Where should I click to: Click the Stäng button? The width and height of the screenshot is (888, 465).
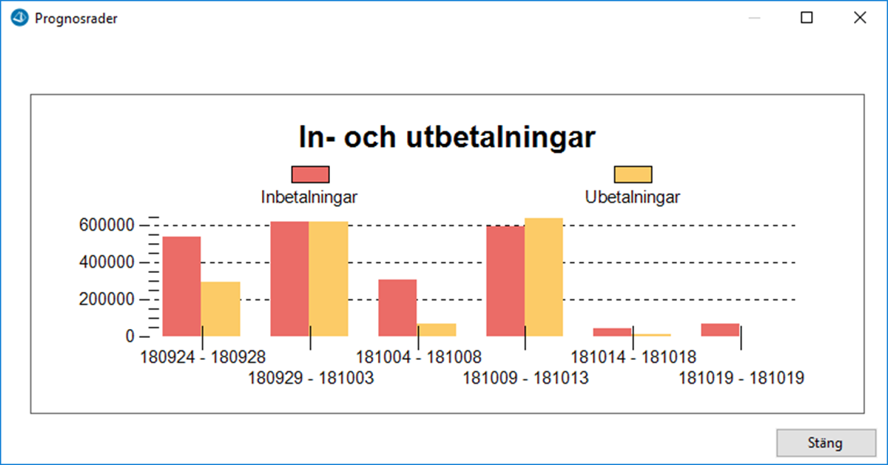pyautogui.click(x=826, y=442)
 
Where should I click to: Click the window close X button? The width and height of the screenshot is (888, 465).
pyautogui.click(x=860, y=18)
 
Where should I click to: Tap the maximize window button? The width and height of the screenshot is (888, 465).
pyautogui.click(x=807, y=18)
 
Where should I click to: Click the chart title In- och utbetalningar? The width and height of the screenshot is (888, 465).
pyautogui.click(x=447, y=137)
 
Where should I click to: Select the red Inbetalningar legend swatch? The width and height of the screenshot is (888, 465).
pyautogui.click(x=310, y=174)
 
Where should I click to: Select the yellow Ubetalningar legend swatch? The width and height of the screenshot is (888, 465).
pyautogui.click(x=633, y=174)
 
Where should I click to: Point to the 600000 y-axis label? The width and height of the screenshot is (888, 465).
pyautogui.click(x=107, y=225)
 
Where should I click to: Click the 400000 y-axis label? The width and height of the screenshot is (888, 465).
pyautogui.click(x=107, y=262)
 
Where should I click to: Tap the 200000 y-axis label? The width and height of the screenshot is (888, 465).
pyautogui.click(x=107, y=299)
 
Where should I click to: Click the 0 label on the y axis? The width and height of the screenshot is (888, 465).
pyautogui.click(x=130, y=336)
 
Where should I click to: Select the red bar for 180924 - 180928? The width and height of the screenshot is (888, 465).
pyautogui.click(x=181, y=286)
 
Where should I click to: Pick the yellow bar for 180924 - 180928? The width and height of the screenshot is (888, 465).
pyautogui.click(x=221, y=309)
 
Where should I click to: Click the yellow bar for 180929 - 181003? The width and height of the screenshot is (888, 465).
pyautogui.click(x=329, y=279)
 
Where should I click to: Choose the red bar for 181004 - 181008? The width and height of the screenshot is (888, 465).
pyautogui.click(x=397, y=308)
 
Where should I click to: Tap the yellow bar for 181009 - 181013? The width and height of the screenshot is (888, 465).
pyautogui.click(x=544, y=277)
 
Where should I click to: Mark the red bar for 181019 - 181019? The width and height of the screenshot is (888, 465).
pyautogui.click(x=720, y=330)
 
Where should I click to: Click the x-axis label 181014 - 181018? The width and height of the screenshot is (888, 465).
pyautogui.click(x=633, y=357)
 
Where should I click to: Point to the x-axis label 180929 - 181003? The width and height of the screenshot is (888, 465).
pyautogui.click(x=311, y=378)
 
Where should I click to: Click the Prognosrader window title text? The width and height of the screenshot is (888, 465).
pyautogui.click(x=76, y=18)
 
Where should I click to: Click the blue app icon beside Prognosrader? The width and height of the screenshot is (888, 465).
pyautogui.click(x=19, y=18)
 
